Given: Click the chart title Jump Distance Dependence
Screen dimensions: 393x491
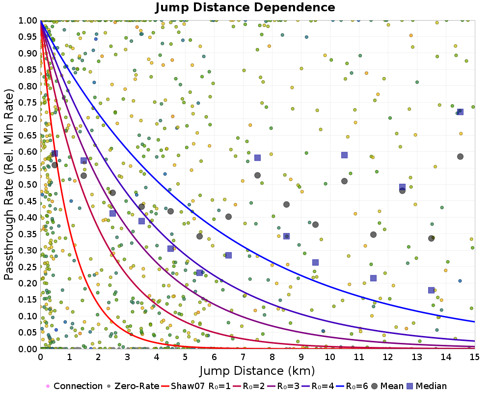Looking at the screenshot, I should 245,7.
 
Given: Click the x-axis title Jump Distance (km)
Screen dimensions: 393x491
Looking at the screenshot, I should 257,370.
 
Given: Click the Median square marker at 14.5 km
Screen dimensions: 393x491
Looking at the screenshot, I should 460,112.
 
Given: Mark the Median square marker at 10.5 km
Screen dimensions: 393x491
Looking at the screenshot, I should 344,155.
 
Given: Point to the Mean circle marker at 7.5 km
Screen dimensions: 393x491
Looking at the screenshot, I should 257,175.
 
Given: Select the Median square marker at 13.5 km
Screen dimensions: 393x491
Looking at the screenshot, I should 431,290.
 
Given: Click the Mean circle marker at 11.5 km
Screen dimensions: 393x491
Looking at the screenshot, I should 373,235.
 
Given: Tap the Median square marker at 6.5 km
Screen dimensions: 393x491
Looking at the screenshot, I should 228,255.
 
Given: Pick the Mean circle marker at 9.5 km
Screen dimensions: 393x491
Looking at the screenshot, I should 315,225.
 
